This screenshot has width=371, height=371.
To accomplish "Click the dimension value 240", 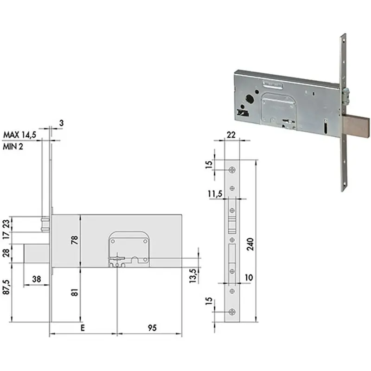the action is tap(250, 244).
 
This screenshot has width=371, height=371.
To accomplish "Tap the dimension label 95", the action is tap(152, 328).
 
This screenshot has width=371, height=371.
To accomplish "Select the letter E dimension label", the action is tap(83, 328).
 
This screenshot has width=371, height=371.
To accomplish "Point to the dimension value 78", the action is tap(75, 240).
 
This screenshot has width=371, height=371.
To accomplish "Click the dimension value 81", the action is tap(75, 292).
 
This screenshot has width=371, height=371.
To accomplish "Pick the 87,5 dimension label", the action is tap(6, 287).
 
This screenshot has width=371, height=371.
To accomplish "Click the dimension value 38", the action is tap(37, 279).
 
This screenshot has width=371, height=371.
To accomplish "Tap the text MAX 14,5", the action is tap(19, 135).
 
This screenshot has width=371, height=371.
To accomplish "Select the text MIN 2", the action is tap(13, 147).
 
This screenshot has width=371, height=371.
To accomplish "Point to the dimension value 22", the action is tap(231, 135).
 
